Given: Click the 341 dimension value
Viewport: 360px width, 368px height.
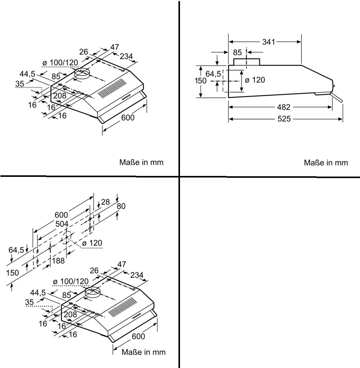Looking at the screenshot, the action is pos(268,42).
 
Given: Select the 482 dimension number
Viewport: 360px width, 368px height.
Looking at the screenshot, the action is pos(283,107).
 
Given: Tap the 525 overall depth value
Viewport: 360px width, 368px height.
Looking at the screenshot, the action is pos(284,119).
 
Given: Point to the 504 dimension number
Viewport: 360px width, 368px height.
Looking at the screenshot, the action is pos(62,224).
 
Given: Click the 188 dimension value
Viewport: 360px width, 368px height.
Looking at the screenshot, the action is pos(58,261).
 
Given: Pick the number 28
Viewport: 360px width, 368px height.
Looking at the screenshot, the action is pos(106,202).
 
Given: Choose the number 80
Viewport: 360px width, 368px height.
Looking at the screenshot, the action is pos(121,206).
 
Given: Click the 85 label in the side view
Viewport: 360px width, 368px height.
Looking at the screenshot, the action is pos(237,52).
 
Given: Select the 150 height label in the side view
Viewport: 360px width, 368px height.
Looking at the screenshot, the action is pos(200,80).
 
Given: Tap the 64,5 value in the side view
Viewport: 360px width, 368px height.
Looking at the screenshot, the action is pos(213,74).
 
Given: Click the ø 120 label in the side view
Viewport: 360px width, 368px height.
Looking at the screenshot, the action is pos(255,80).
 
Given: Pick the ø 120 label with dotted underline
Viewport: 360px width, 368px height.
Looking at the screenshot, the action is pos(92,243).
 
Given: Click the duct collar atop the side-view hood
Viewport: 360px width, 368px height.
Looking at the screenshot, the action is pos(246,62).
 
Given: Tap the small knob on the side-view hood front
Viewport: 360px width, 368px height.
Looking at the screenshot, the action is pos(334,86).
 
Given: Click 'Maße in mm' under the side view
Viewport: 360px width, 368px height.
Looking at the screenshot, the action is pos(326,163).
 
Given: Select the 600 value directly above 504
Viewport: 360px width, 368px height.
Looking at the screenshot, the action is pos(61,215).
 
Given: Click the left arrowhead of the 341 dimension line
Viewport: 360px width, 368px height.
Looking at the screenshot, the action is pos(231,42).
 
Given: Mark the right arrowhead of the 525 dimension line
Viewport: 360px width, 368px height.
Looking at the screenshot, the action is pos(340,119).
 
